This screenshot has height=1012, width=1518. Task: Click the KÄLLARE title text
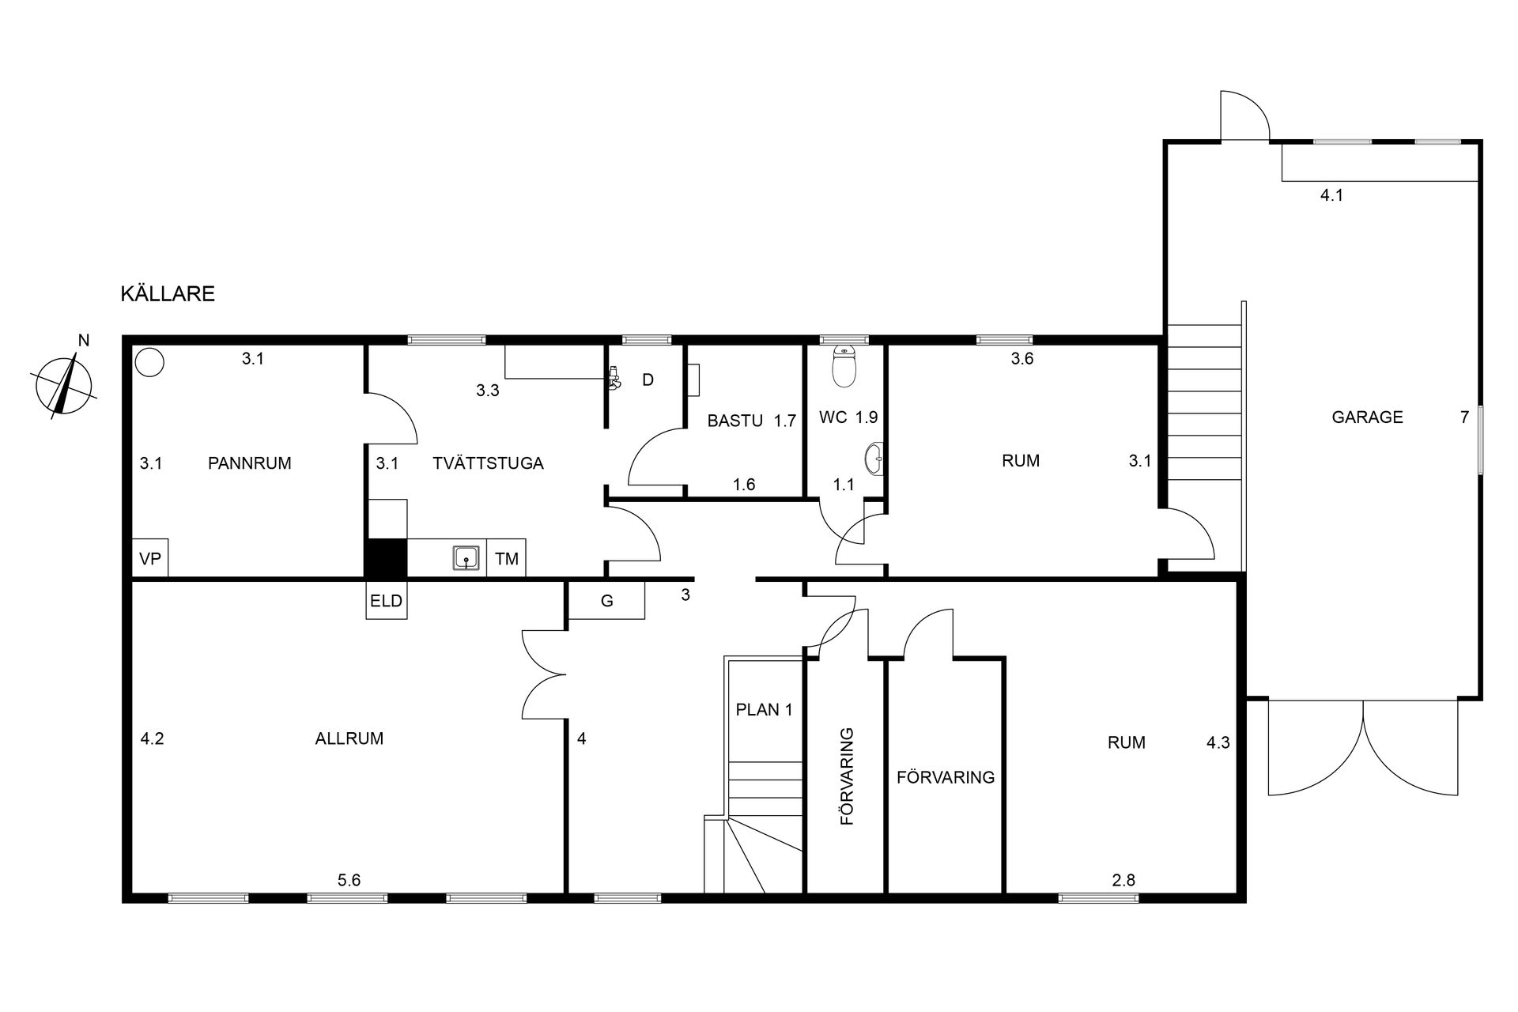point(168,293)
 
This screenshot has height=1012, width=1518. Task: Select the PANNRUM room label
point(250,463)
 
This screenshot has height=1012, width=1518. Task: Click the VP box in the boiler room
point(150,559)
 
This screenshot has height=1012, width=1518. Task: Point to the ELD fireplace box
point(387,601)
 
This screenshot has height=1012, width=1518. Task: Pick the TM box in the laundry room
point(507,559)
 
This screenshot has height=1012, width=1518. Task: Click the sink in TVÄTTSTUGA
point(466,558)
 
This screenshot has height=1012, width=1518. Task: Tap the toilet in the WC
point(845,365)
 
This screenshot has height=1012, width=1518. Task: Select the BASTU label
point(735,421)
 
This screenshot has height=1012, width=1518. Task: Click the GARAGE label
point(1367,417)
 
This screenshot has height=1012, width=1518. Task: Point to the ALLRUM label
point(349,738)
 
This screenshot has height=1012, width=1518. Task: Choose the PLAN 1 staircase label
point(765,709)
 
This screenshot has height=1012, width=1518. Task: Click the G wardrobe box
point(607,601)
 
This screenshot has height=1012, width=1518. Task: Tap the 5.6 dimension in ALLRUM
point(349,880)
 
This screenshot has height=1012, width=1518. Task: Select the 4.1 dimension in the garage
point(1332,194)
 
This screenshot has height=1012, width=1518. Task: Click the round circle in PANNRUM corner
point(149,362)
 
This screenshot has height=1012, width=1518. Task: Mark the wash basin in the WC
point(874,458)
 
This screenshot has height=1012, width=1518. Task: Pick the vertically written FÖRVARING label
point(848,776)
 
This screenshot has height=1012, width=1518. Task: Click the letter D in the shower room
point(648,380)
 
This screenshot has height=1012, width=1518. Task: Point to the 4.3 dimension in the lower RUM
point(1218,742)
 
